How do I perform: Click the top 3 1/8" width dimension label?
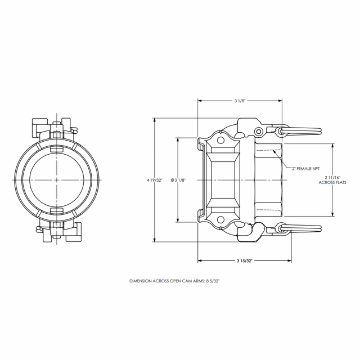pos(240,101)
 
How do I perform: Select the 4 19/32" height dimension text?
pos(155,180)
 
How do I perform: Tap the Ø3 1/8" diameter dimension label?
pos(178,180)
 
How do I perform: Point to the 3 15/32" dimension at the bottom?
pos(245,260)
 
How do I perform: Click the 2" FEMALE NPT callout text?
pos(305,169)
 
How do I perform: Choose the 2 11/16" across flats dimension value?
pos(332,177)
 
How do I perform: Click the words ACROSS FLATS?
pos(332,182)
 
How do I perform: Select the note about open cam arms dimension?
pos(175,281)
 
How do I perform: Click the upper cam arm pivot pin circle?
pos(259,132)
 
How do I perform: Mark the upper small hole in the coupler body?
pos(220,140)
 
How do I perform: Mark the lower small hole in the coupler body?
pos(220,220)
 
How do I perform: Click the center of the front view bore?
pos(57,180)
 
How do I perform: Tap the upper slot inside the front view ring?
pos(56,149)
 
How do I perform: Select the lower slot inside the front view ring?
pos(56,210)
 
